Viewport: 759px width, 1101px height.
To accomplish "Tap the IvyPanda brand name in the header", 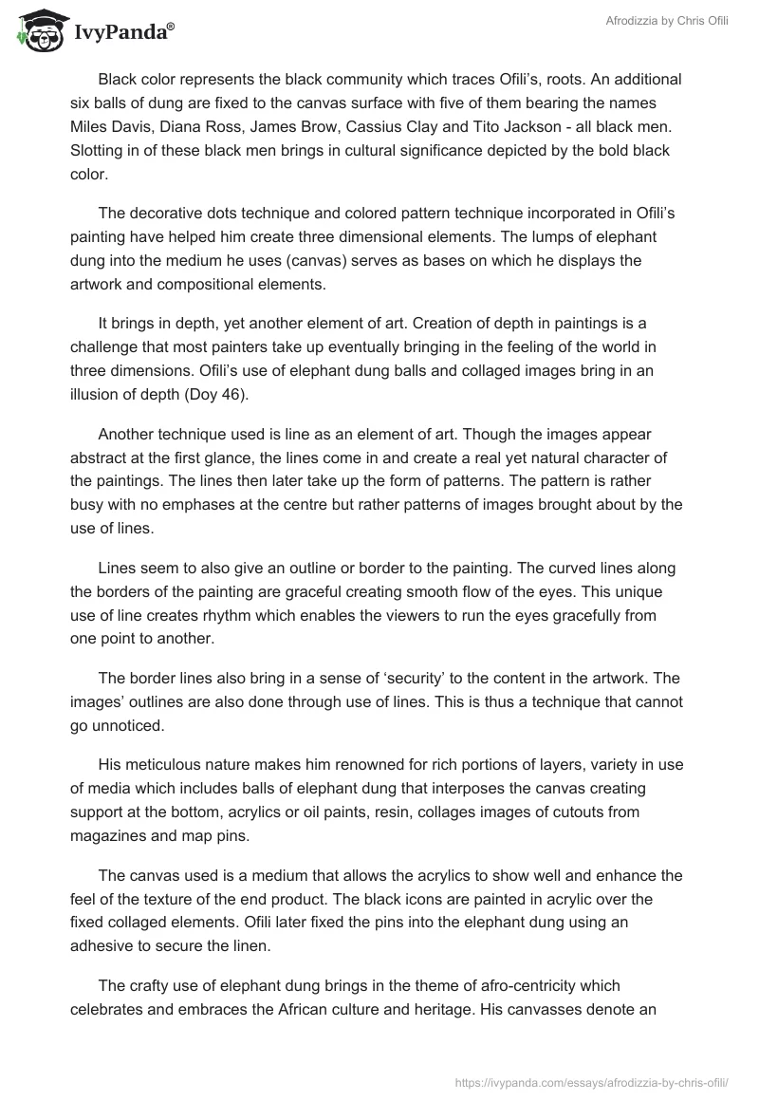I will click(x=119, y=33).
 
